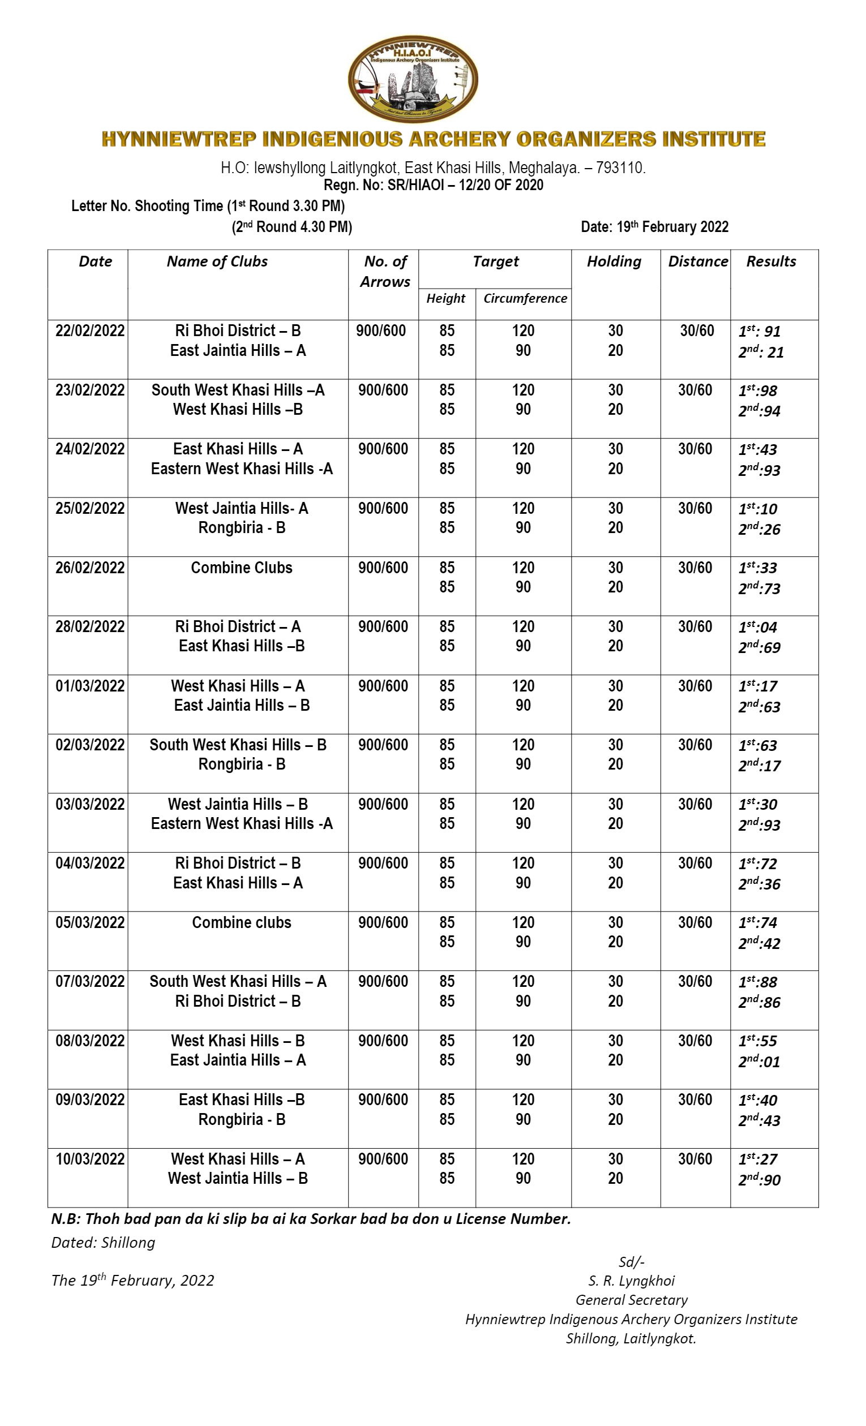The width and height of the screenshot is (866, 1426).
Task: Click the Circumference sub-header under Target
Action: click(525, 298)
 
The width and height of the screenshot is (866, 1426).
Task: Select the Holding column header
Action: click(614, 261)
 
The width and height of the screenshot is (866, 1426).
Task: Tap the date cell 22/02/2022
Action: click(90, 330)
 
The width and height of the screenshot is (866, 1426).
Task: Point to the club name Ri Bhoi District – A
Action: click(237, 626)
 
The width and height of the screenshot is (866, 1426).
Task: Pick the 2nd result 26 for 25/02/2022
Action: click(759, 529)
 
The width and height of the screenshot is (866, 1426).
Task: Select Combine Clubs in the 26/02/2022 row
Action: click(241, 568)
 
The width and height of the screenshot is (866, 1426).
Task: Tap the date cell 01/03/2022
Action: click(90, 686)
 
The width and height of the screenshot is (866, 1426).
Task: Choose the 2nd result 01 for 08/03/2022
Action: click(759, 1062)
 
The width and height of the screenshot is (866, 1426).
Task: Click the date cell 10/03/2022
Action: click(90, 1159)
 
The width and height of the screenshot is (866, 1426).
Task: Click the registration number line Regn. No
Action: click(433, 185)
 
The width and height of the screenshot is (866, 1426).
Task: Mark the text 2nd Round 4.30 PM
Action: click(291, 227)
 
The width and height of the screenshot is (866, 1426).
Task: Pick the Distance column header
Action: click(697, 261)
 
